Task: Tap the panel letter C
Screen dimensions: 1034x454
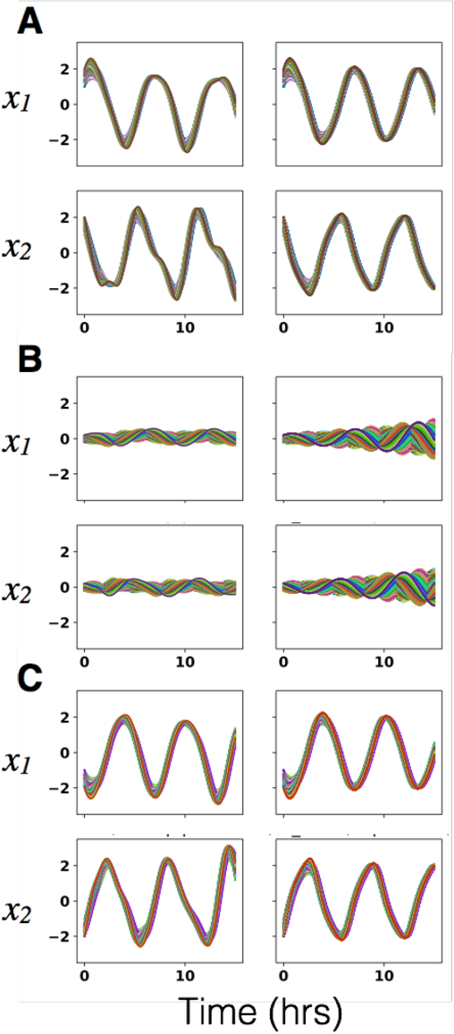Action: (30, 676)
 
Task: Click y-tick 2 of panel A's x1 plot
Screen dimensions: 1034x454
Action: (63, 68)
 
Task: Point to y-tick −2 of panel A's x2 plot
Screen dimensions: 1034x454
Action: (60, 287)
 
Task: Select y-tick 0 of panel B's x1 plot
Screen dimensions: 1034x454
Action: (63, 438)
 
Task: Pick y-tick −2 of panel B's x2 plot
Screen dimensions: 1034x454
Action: (60, 622)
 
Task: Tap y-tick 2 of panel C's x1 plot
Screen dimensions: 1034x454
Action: (63, 716)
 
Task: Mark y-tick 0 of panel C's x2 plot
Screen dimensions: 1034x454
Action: (63, 900)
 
